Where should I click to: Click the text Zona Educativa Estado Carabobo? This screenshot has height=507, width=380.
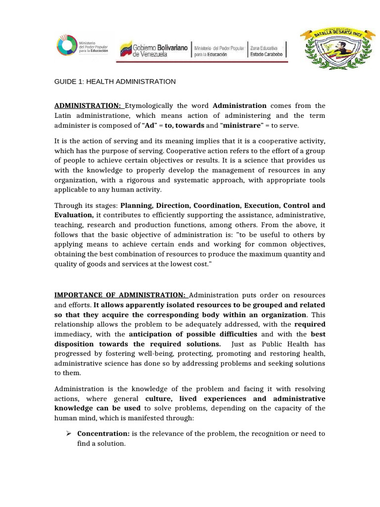click(267, 51)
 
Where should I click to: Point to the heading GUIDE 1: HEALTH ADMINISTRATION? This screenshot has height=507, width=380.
click(115, 81)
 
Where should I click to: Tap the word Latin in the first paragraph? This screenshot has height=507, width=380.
click(63, 115)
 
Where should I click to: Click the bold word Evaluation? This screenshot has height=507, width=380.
click(74, 215)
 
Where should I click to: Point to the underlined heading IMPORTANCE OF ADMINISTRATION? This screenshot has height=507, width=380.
click(120, 295)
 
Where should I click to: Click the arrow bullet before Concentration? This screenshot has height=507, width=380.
click(70, 434)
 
